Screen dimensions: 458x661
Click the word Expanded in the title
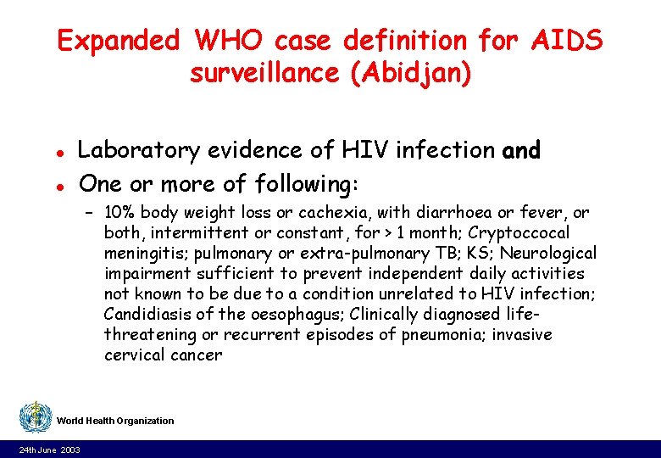tap(119, 41)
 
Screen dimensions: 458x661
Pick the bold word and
tap(521, 151)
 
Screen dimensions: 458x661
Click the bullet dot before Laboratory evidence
tap(59, 153)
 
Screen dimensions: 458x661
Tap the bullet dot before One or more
tap(59, 186)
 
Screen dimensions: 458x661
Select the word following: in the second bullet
tap(305, 184)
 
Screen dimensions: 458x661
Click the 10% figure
tap(120, 212)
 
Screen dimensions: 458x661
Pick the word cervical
tap(132, 355)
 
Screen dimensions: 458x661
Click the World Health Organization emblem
tap(35, 418)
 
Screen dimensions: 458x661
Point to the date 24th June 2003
tap(50, 450)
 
